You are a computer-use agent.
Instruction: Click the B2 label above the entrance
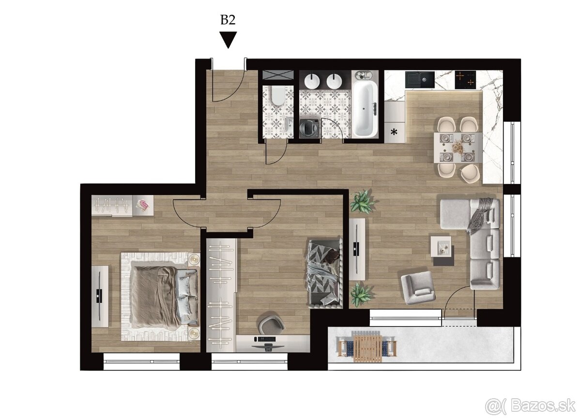pos(228,20)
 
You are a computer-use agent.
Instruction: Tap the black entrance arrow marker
pos(228,39)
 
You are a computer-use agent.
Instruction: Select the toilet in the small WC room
pos(277,97)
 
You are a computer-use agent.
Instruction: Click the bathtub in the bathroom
pos(364,109)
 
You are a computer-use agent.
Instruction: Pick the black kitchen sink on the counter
pos(419,79)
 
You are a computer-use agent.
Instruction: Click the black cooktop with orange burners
pos(465,79)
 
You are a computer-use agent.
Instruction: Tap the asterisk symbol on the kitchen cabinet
pos(395,132)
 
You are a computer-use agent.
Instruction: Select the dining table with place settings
pos(457,148)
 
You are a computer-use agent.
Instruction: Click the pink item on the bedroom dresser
pos(144,204)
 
